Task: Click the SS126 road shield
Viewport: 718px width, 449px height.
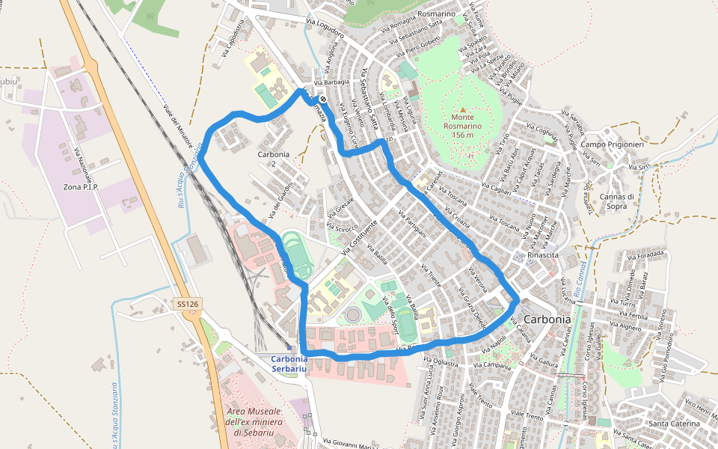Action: [188, 304]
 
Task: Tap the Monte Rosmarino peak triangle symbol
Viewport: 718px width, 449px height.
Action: [462, 110]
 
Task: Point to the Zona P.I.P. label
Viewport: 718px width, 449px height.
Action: [82, 186]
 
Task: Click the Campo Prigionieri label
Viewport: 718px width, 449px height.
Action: [612, 144]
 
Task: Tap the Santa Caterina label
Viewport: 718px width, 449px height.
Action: [674, 424]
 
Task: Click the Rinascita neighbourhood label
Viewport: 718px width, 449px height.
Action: [544, 255]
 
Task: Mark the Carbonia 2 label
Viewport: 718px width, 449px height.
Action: [273, 159]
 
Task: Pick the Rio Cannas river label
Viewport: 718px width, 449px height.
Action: [583, 278]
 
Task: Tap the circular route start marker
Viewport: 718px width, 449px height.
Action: [322, 97]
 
